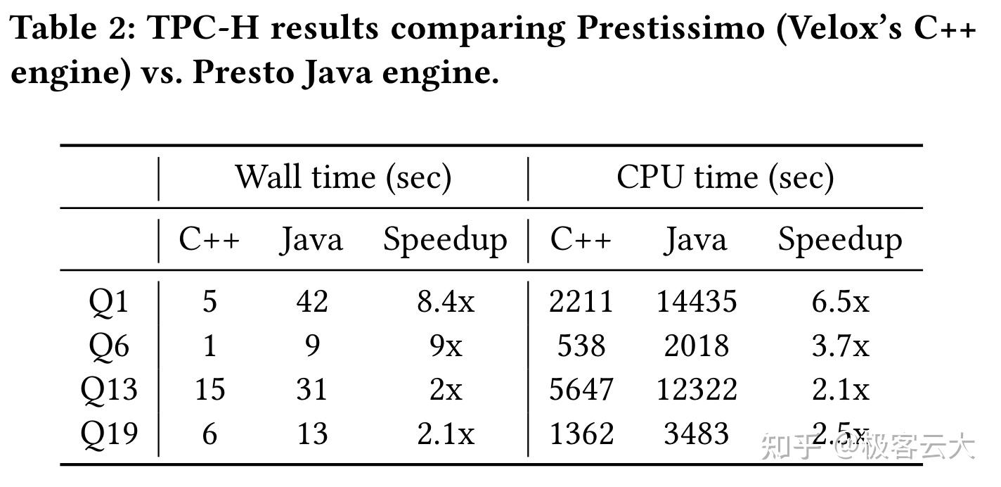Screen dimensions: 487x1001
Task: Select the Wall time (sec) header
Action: pos(342,177)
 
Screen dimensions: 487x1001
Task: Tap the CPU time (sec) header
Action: pos(725,177)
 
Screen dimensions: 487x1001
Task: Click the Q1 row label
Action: pos(109,302)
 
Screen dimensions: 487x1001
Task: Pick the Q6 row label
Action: pos(109,346)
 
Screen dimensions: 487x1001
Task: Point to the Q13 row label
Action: pos(109,390)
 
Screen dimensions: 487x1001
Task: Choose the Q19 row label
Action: pos(109,434)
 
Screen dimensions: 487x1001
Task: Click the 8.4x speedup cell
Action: pos(446,302)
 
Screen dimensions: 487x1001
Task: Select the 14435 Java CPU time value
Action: pos(697,302)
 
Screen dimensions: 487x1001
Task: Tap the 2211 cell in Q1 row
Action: pos(581,302)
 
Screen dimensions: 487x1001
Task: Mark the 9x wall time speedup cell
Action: pos(446,346)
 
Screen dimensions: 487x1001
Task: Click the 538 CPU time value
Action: pos(581,346)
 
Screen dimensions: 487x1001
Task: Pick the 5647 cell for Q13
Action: pos(581,390)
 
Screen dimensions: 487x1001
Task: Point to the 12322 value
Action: pos(697,390)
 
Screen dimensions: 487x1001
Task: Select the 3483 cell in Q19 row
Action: pos(697,434)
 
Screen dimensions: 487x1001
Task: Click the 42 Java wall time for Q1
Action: pos(312,302)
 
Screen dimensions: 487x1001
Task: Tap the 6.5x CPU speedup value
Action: pos(841,302)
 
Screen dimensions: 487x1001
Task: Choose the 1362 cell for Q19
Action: pos(581,434)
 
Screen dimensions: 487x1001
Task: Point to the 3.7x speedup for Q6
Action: pos(841,346)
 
